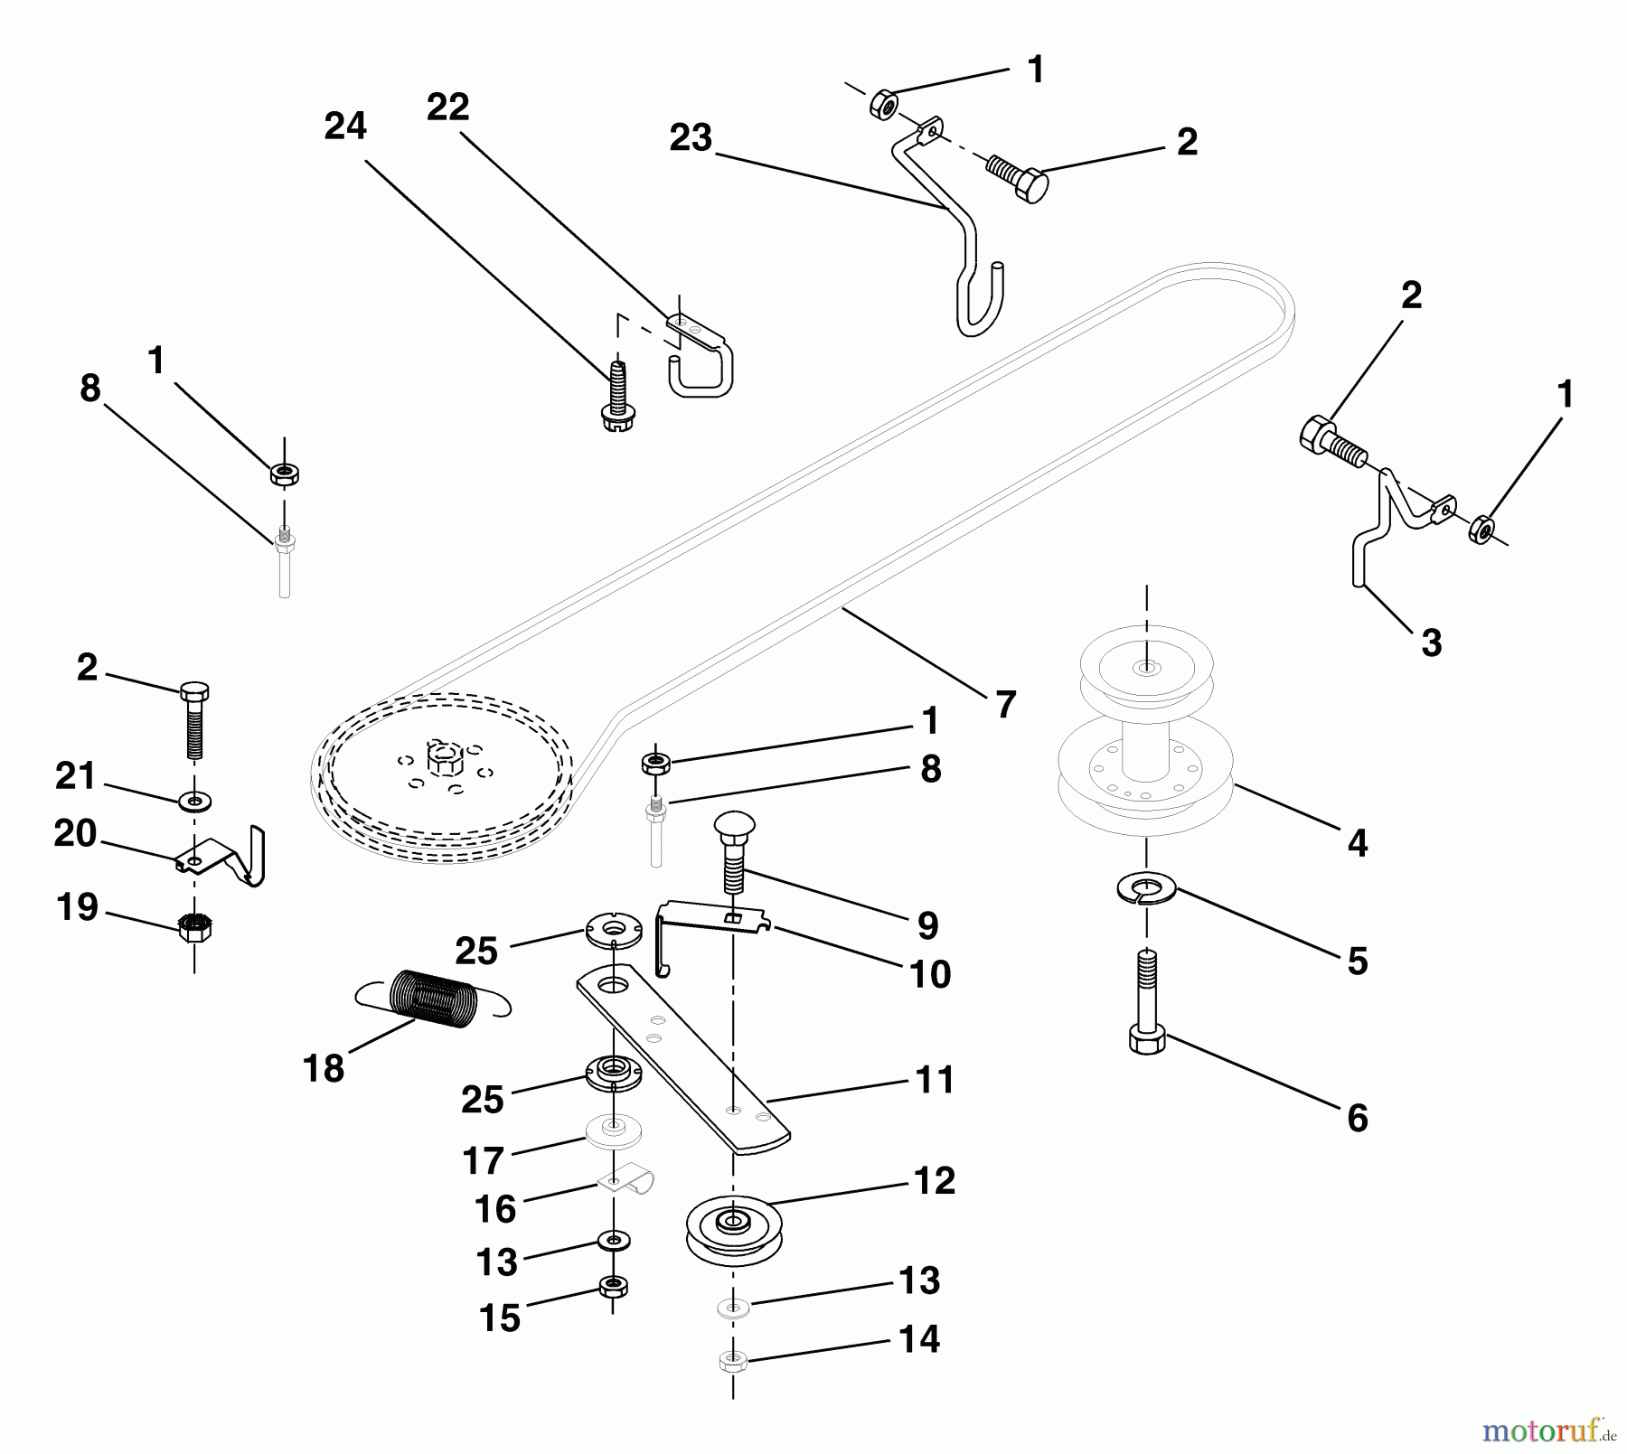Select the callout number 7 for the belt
coord(1005,705)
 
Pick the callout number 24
coord(345,127)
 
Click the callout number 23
coord(691,139)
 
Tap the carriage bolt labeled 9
coord(734,851)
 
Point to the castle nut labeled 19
coord(194,927)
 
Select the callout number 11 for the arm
coord(935,1080)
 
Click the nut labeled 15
coord(614,1286)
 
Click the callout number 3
coord(1431,643)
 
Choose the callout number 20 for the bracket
coord(75,834)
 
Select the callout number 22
coord(448,108)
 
